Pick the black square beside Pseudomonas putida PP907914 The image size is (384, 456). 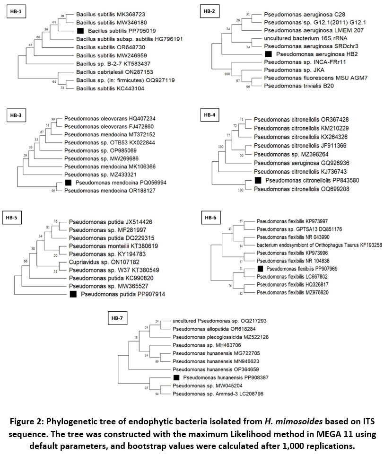pyautogui.click(x=73, y=295)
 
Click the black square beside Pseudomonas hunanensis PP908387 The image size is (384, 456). pyautogui.click(x=176, y=377)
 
